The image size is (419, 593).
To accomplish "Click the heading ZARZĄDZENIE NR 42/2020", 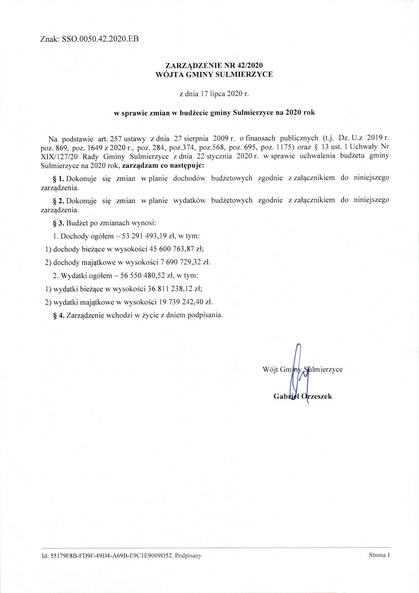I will point(214,65).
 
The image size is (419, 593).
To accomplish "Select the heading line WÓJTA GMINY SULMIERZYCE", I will point(214,75).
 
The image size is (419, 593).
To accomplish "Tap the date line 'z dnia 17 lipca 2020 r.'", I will point(214,94).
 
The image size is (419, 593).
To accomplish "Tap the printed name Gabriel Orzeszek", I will point(303,397).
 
